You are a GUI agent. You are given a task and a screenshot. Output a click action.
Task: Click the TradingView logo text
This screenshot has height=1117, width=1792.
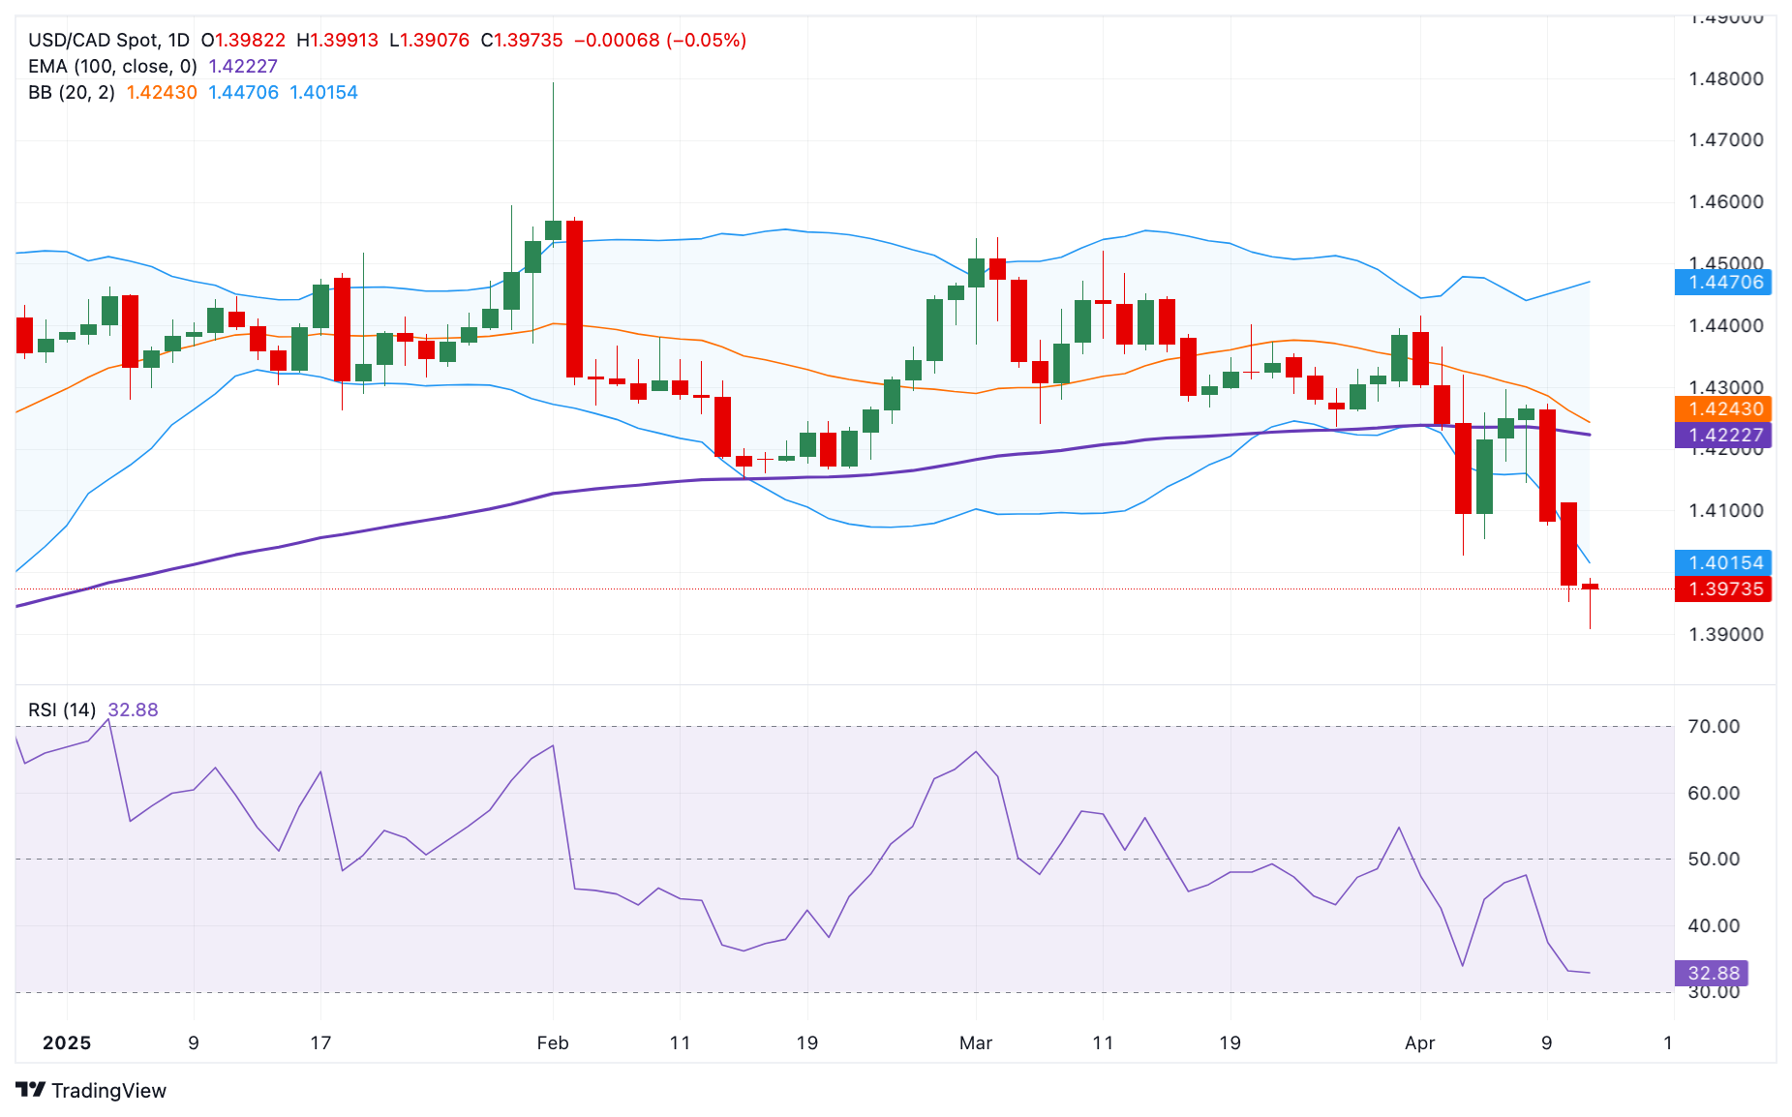[107, 1091]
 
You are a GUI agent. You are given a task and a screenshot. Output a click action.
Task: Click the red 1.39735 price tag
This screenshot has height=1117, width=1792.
[1724, 589]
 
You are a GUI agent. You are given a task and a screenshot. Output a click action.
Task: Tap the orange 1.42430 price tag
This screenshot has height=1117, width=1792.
[1724, 409]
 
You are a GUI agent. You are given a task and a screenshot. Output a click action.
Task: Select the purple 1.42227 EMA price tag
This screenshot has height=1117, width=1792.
[1724, 436]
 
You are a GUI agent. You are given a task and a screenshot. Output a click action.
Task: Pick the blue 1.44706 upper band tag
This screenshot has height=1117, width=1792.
[1724, 283]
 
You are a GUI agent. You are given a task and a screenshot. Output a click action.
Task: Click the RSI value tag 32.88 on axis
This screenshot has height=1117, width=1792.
[1712, 974]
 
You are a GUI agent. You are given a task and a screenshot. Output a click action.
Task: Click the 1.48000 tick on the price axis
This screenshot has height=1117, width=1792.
[1725, 79]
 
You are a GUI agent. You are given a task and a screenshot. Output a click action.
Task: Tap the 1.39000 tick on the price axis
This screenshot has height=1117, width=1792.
[1725, 635]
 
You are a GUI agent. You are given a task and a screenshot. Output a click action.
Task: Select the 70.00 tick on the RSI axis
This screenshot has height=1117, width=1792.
[1713, 727]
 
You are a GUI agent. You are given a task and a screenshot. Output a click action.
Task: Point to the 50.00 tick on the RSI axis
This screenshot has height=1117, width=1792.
[1713, 860]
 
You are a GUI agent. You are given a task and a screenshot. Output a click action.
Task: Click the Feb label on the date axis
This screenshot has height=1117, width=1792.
[553, 1043]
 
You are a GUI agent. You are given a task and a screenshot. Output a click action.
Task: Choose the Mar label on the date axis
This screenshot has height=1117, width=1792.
[976, 1043]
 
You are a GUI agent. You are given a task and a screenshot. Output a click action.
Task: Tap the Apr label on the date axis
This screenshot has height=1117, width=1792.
[1419, 1043]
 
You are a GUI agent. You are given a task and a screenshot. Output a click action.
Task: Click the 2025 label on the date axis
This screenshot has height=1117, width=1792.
[67, 1043]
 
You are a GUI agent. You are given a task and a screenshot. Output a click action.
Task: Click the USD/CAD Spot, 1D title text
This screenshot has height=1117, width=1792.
[108, 41]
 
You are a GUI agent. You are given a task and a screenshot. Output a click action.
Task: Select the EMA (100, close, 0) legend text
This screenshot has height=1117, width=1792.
[112, 67]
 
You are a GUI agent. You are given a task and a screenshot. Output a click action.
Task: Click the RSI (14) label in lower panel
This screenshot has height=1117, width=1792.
[62, 710]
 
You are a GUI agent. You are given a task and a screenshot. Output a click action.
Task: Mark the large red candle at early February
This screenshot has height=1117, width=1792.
[574, 298]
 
